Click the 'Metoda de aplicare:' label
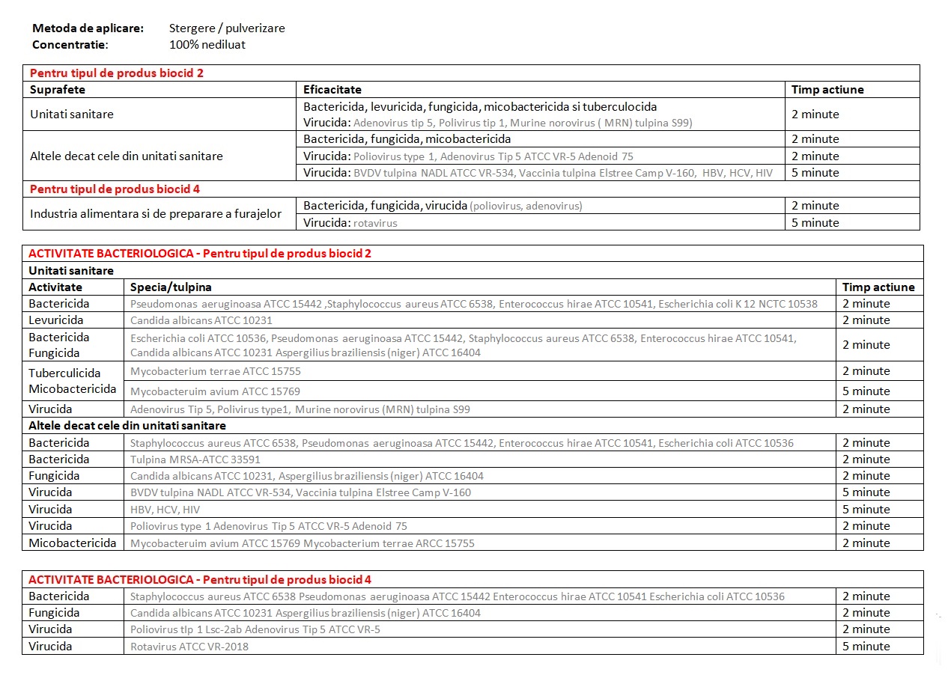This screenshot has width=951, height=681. (x=88, y=28)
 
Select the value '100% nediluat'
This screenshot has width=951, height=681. (x=207, y=44)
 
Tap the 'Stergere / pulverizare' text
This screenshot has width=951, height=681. (x=227, y=28)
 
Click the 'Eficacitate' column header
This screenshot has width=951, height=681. (x=332, y=90)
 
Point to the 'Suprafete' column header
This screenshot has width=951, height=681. (x=58, y=90)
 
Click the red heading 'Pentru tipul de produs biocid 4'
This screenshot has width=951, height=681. (x=115, y=189)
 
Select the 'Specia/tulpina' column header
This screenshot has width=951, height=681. (x=171, y=287)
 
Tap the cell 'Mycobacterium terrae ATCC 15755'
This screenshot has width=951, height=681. (x=216, y=371)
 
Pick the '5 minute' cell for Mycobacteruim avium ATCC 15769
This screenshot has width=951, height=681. (x=866, y=391)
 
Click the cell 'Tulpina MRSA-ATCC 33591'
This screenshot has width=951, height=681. (x=195, y=459)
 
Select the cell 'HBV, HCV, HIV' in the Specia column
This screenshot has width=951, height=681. (x=165, y=510)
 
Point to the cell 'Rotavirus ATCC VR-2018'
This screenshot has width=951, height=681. (x=189, y=647)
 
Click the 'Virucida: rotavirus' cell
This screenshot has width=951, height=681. (x=350, y=223)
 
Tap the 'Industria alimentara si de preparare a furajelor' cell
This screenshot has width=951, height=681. (x=156, y=214)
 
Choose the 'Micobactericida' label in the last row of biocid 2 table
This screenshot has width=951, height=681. (x=73, y=543)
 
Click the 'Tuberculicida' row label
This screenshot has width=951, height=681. (x=64, y=373)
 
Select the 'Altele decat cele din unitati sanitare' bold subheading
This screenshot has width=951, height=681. (x=127, y=426)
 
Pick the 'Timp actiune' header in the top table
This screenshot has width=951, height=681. (x=827, y=90)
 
